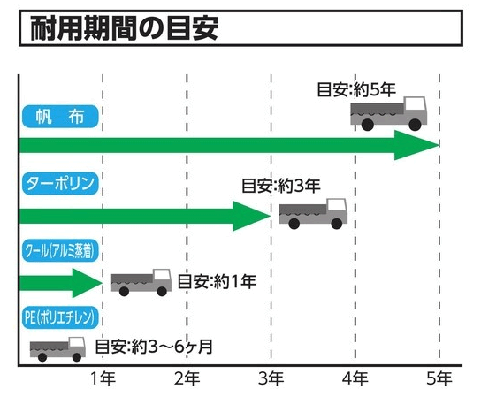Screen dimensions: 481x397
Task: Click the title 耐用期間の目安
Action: pyautogui.click(x=125, y=28)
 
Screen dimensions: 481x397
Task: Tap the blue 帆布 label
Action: pyautogui.click(x=60, y=117)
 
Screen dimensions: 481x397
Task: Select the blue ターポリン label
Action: pyautogui.click(x=60, y=183)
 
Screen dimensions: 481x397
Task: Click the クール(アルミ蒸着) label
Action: pyautogui.click(x=60, y=250)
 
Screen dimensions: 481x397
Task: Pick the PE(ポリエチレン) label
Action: pyautogui.click(x=60, y=317)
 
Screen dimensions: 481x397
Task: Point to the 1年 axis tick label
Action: pyautogui.click(x=103, y=378)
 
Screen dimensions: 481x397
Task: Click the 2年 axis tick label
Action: pyautogui.click(x=187, y=378)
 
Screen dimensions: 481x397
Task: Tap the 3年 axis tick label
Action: pyautogui.click(x=271, y=378)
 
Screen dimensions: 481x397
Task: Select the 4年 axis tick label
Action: pyautogui.click(x=355, y=378)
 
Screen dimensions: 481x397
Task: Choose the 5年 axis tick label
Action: pyautogui.click(x=439, y=378)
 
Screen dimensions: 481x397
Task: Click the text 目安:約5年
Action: pyautogui.click(x=356, y=89)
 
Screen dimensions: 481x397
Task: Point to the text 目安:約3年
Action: pyautogui.click(x=281, y=186)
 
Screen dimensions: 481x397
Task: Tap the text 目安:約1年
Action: pyautogui.click(x=217, y=281)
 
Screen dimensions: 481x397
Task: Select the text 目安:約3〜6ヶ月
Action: pyautogui.click(x=154, y=347)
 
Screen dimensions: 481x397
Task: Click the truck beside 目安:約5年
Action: pyautogui.click(x=389, y=113)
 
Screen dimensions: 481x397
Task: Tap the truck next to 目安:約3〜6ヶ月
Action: pyautogui.click(x=57, y=349)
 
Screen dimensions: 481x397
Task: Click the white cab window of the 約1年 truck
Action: pyautogui.click(x=162, y=275)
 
